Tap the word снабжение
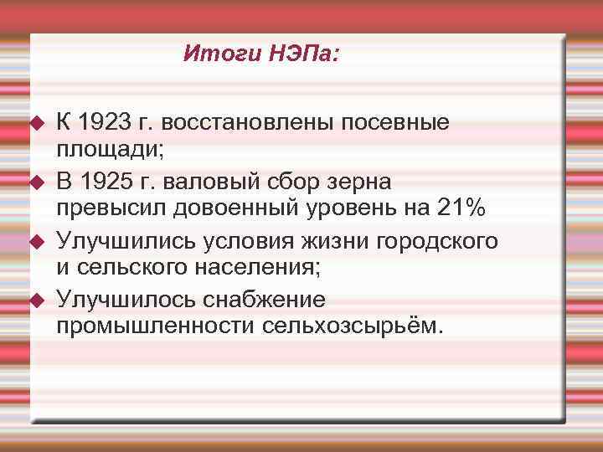tap(265, 299)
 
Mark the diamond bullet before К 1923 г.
tap(36, 123)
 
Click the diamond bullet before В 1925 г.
tap(36, 182)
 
